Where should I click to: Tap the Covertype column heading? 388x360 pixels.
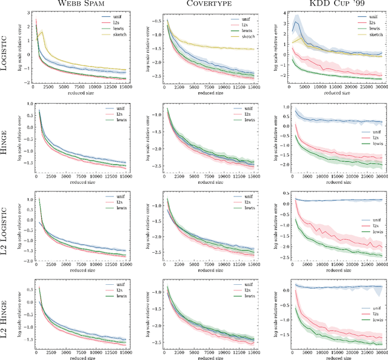coord(210,5)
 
